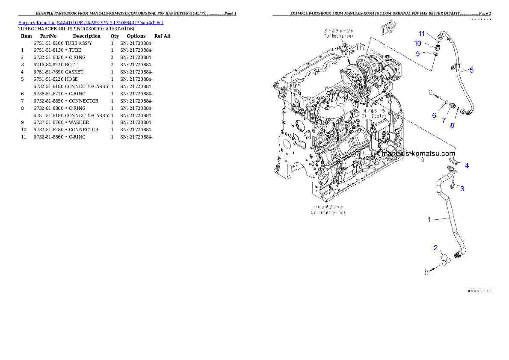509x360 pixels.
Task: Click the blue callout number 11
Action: [x=421, y=34]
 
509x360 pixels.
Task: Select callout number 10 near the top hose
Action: [x=417, y=43]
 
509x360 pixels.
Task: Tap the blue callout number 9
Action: [x=418, y=53]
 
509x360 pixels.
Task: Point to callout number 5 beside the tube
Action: [x=471, y=70]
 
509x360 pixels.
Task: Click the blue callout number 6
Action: [x=434, y=115]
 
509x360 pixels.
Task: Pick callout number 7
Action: [x=444, y=121]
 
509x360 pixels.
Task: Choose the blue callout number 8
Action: [x=452, y=125]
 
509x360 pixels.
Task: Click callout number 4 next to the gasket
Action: [x=467, y=165]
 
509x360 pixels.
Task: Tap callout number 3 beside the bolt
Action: [x=462, y=188]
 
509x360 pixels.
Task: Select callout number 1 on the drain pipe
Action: [x=429, y=220]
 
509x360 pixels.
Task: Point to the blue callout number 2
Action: [x=436, y=248]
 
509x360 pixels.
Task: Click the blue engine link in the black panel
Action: [x=91, y=22]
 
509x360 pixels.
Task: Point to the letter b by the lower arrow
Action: [x=426, y=272]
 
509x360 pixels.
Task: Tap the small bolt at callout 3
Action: [x=453, y=185]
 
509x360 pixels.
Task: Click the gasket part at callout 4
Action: [x=454, y=162]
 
